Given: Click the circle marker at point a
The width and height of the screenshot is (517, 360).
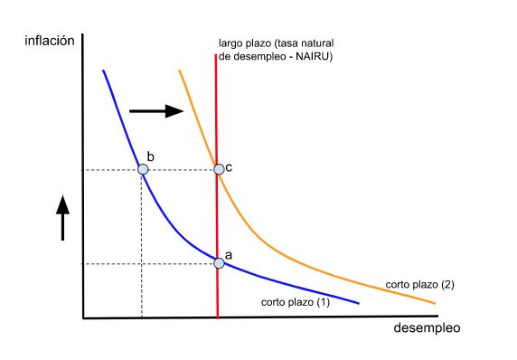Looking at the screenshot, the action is pyautogui.click(x=219, y=263).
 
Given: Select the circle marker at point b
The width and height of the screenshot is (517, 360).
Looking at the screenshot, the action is pyautogui.click(x=143, y=169).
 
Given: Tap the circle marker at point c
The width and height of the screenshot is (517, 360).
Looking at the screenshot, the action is pyautogui.click(x=219, y=169).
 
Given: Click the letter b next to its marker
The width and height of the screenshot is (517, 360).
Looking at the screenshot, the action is pyautogui.click(x=150, y=156).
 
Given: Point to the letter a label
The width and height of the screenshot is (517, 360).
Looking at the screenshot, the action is pyautogui.click(x=229, y=255).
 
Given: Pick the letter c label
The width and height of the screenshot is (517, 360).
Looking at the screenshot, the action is pyautogui.click(x=229, y=168).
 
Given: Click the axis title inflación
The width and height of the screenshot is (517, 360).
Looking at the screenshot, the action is pyautogui.click(x=50, y=41).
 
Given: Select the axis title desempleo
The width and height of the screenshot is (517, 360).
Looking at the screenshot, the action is pyautogui.click(x=427, y=328).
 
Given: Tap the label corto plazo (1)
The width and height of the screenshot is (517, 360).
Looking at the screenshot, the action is pyautogui.click(x=296, y=302).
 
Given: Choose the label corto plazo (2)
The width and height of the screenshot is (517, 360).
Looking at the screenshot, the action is pyautogui.click(x=420, y=284).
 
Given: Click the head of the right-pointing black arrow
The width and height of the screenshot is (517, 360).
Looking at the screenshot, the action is pyautogui.click(x=174, y=111).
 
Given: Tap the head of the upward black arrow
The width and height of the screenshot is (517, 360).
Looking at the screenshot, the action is pyautogui.click(x=62, y=205).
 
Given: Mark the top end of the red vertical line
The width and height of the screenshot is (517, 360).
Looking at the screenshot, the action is pyautogui.click(x=216, y=54).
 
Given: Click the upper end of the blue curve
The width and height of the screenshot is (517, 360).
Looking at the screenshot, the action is pyautogui.click(x=103, y=71).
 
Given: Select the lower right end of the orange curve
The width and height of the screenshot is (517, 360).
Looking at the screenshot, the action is pyautogui.click(x=435, y=303).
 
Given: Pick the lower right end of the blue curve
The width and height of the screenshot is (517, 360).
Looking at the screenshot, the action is pyautogui.click(x=359, y=303).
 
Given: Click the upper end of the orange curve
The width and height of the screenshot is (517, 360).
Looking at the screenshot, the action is pyautogui.click(x=179, y=71).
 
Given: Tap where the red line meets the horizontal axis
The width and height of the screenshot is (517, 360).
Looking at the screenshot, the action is pyautogui.click(x=218, y=317).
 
